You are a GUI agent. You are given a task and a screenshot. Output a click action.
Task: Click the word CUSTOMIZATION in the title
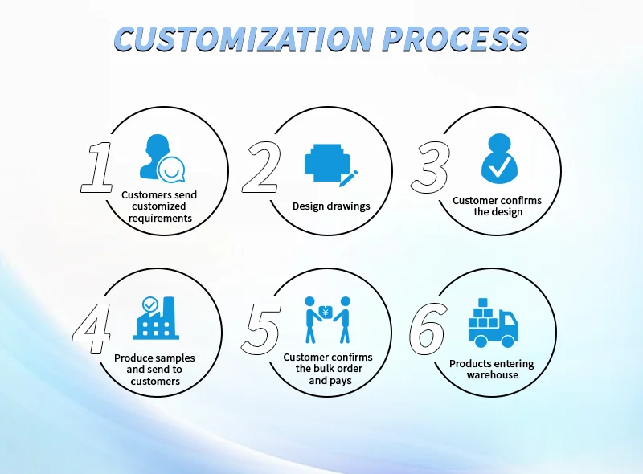point(242,38)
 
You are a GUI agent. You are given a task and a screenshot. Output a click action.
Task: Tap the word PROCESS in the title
point(455,38)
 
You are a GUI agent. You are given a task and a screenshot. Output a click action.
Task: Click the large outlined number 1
point(100,167)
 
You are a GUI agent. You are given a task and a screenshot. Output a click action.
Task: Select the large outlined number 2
point(262,167)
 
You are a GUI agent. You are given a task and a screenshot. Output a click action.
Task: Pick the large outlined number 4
point(91,329)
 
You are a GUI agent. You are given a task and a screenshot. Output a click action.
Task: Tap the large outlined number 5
point(262,329)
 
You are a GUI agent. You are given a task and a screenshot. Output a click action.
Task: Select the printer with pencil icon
point(330,162)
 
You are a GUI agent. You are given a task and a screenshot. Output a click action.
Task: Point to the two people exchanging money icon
point(328,319)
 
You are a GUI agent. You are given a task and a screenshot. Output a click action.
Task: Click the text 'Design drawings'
point(331,206)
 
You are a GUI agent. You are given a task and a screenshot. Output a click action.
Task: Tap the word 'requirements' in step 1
point(160,218)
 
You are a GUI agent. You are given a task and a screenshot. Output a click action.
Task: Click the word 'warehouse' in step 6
point(492,375)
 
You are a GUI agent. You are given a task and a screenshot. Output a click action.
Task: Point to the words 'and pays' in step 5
point(329,381)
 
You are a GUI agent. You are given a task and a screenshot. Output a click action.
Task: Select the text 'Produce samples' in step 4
point(154,358)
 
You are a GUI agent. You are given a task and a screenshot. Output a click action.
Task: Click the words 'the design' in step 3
point(498,212)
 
